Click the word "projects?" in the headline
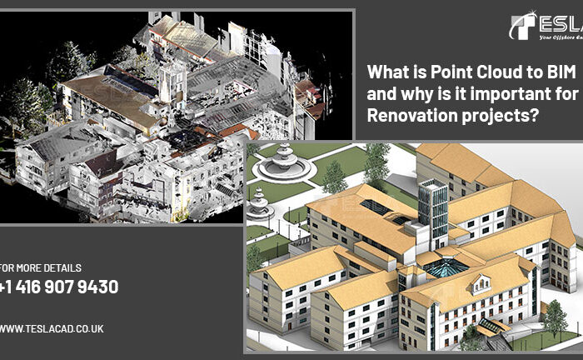[498, 115]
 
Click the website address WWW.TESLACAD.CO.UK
[52, 329]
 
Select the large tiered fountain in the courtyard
[284, 163]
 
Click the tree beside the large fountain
[335, 176]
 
